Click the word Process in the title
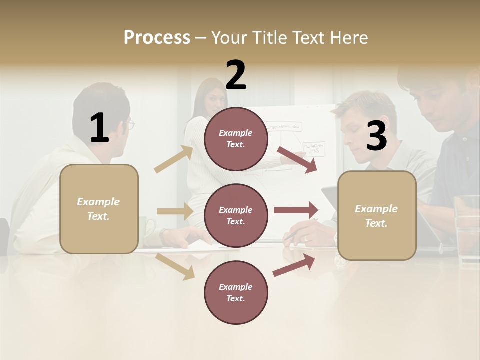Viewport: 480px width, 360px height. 157,38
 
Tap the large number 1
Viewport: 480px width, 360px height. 99,128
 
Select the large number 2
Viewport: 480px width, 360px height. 236,75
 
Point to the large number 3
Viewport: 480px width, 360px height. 376,136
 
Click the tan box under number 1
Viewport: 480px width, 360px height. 99,209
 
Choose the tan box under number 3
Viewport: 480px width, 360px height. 377,216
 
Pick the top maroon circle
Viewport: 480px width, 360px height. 236,139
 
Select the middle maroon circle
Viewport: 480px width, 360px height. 236,216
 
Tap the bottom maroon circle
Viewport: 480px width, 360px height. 236,293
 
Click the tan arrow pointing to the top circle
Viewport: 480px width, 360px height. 174,159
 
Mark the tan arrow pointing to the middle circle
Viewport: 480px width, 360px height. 174,211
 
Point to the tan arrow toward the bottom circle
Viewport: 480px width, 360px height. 175,266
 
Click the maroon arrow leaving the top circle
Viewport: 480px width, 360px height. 297,159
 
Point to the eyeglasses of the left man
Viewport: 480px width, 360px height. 130,124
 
